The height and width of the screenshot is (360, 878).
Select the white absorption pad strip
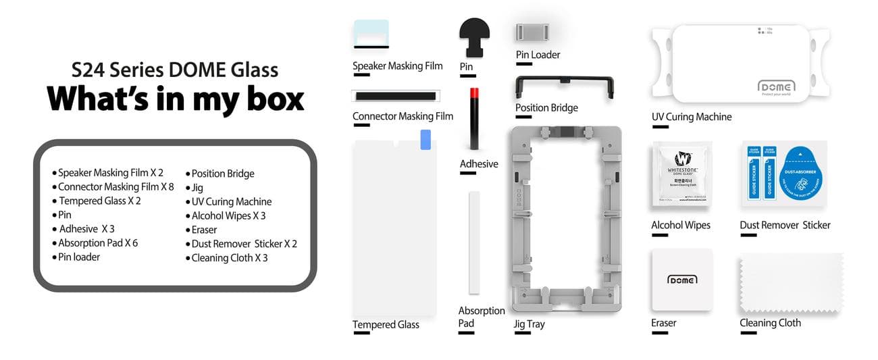(474, 242)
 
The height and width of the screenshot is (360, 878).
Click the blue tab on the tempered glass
(425, 140)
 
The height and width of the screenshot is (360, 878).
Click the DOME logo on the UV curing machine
(777, 87)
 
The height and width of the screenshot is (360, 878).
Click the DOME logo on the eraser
(681, 279)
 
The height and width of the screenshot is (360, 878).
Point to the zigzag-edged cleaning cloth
(791, 283)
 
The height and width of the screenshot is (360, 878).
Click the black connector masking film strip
(396, 97)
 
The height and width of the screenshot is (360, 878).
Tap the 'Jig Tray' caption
(529, 324)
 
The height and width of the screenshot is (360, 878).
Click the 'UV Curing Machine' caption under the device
(692, 117)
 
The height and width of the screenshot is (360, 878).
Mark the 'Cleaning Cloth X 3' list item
(230, 258)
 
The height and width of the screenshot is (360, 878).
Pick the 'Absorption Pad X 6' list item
(98, 243)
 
